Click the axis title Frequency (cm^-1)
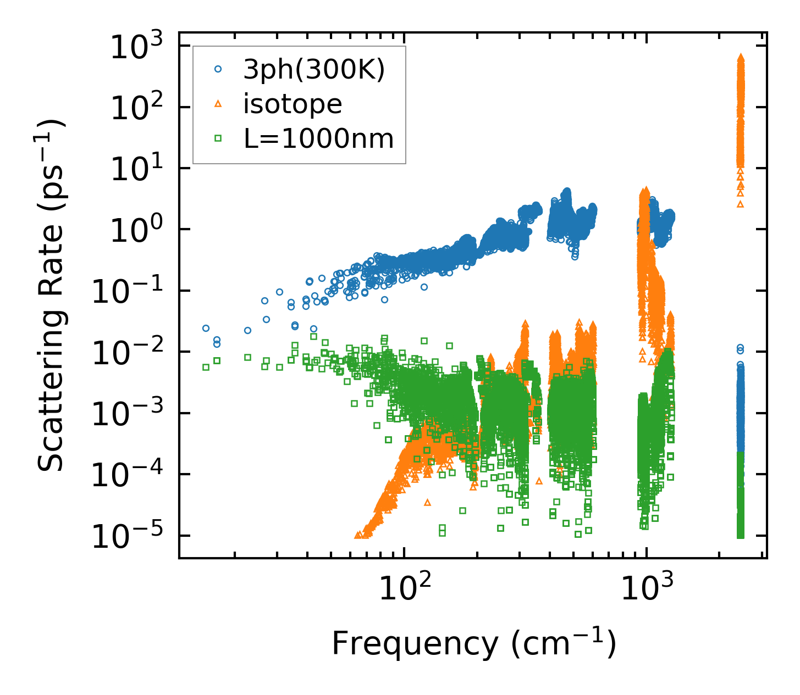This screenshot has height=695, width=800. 473,643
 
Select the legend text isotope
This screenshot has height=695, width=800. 293,104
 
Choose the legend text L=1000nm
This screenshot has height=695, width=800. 319,139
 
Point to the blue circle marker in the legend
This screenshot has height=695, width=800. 218,69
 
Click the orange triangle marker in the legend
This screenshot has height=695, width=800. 218,104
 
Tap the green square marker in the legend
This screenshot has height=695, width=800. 218,139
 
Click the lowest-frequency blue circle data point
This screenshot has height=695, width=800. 206,328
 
